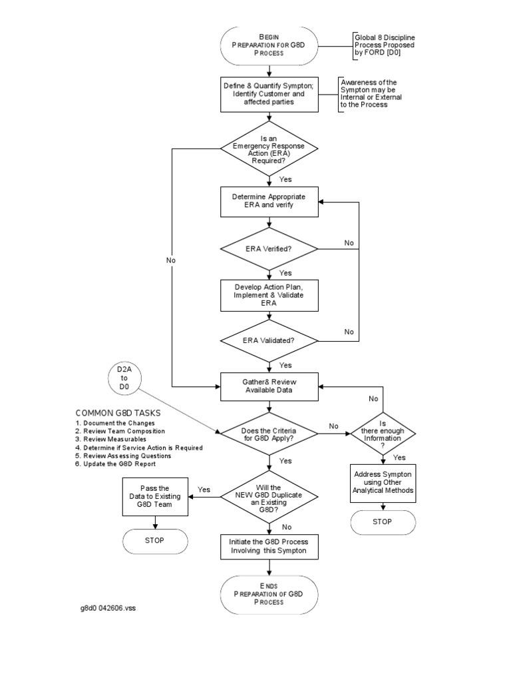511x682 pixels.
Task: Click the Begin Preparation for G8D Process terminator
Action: coord(269,45)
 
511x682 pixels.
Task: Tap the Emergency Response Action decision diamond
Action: coord(269,149)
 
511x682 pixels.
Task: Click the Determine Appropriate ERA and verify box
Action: coord(269,201)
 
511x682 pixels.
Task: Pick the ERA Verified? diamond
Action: coord(269,248)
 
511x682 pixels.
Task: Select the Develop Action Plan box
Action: coord(269,294)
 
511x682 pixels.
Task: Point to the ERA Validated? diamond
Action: coord(269,340)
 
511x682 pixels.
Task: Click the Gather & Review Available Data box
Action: coord(269,386)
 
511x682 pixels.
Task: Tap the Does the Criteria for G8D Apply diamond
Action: coord(269,433)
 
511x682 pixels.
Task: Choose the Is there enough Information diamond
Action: coord(383,433)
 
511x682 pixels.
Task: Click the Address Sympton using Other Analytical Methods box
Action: coord(383,481)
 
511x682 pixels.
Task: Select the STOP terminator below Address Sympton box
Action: coord(383,522)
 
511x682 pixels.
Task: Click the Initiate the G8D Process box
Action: coord(269,547)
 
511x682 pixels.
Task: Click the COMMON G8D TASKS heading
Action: coord(118,413)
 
